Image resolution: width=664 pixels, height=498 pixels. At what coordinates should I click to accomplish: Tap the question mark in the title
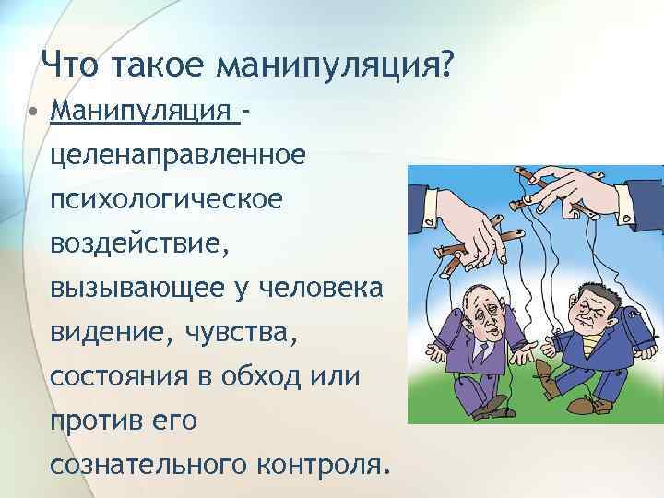click(445, 65)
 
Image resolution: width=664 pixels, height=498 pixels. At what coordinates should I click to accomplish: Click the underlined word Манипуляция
click(142, 112)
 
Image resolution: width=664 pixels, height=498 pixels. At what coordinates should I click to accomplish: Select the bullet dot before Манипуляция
click(32, 113)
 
